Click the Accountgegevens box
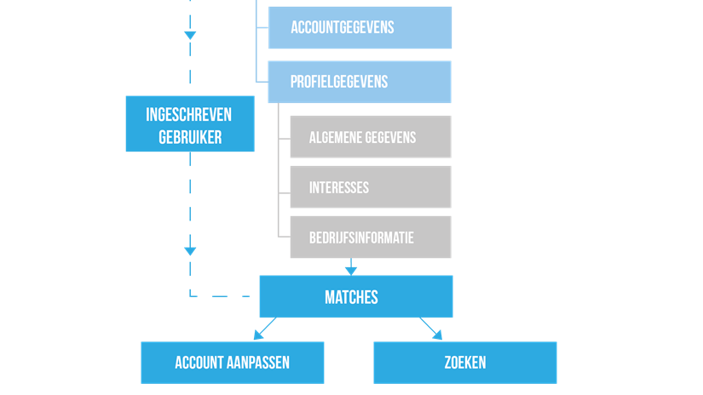(x=360, y=28)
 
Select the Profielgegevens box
(x=360, y=82)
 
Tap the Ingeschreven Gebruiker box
(x=189, y=123)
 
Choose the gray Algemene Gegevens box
(x=370, y=137)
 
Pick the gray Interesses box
(x=370, y=187)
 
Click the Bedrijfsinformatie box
(x=370, y=238)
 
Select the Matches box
(x=355, y=297)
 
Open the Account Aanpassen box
(x=232, y=363)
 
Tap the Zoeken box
(x=464, y=363)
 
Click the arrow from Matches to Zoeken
(x=431, y=329)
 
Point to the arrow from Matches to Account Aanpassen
(x=265, y=329)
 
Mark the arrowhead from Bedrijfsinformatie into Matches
(x=350, y=269)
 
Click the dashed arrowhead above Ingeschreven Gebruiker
(x=190, y=36)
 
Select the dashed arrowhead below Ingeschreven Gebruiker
(x=190, y=251)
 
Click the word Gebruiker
(x=189, y=138)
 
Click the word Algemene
(x=335, y=137)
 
